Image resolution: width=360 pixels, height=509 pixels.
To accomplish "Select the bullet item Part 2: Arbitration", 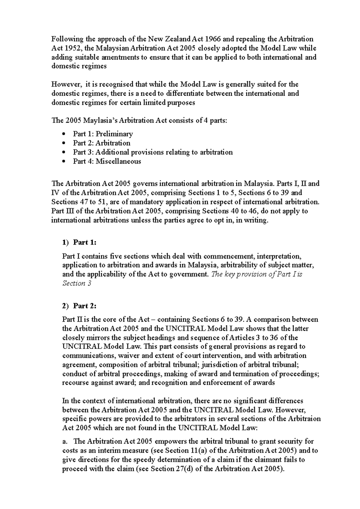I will (x=101, y=143).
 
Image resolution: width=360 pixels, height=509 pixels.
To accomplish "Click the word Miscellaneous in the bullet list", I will (x=118, y=162).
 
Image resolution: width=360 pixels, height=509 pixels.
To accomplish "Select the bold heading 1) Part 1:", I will (x=79, y=242).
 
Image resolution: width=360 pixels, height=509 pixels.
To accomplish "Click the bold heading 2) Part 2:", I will (x=79, y=306).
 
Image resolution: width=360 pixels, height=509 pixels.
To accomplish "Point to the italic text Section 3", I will (x=76, y=283).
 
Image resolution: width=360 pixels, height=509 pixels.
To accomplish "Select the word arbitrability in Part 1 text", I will (x=242, y=265).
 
